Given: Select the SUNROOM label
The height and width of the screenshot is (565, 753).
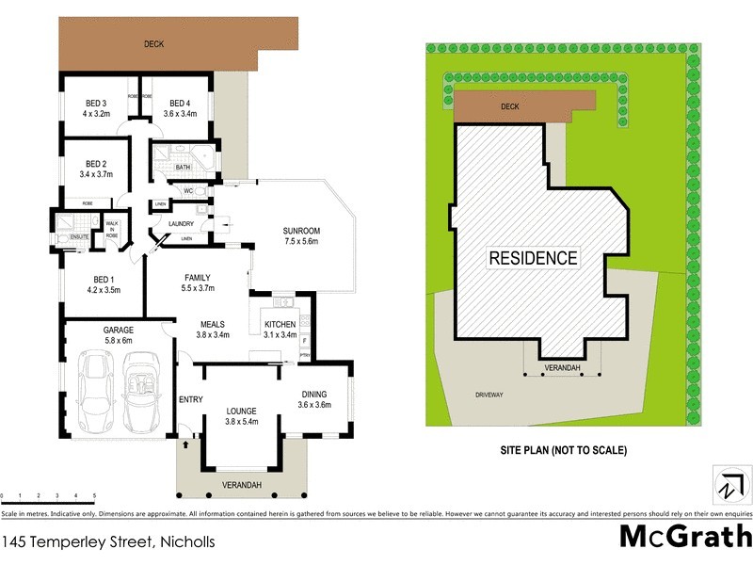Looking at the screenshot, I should coord(302,231).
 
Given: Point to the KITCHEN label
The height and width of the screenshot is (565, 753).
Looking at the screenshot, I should coord(280,324).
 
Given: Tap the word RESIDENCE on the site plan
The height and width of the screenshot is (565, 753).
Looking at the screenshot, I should coord(532,257).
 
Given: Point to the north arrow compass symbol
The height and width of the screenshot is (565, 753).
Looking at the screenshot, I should coord(728,487).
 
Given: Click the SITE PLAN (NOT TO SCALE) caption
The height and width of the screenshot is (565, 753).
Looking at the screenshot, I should coord(563,450).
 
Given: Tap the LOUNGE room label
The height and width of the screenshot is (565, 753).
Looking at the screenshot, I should coord(241,412).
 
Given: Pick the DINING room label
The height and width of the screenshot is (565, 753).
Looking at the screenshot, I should coord(314,395).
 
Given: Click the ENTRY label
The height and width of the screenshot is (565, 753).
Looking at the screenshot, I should coord(191,399).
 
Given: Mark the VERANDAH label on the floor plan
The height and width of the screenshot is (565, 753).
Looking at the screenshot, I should coord(241,485).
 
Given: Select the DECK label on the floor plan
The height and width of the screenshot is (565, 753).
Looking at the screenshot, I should coord(154,43).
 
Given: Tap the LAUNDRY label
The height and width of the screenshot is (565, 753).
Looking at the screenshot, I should coord(181,223).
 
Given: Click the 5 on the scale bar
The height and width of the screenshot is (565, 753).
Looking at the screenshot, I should coord(94,495).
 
